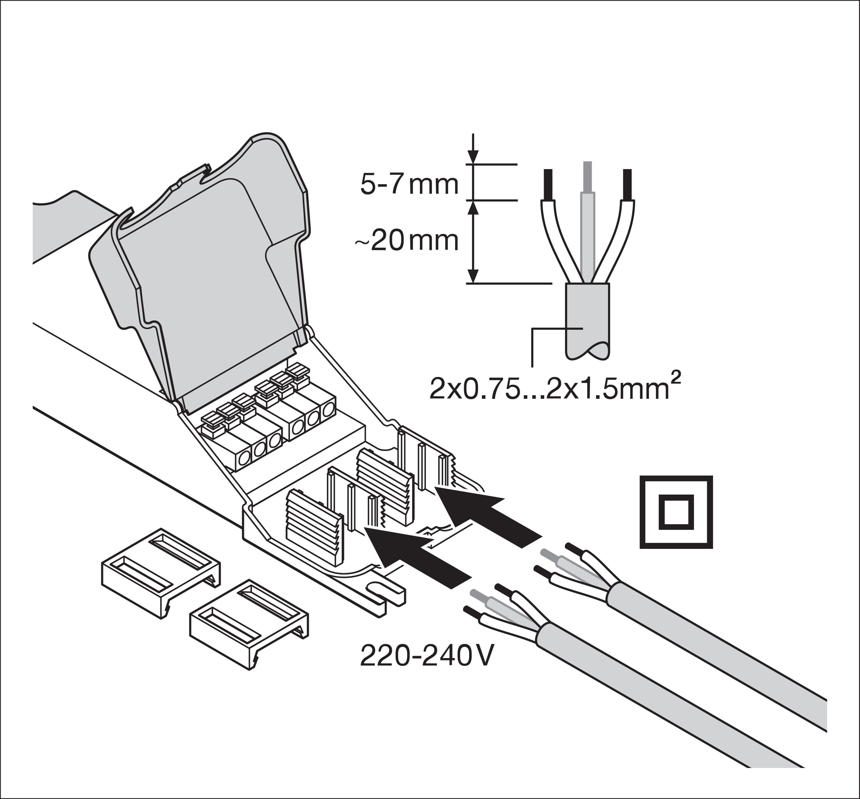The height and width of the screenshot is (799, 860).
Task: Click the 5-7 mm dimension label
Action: tap(408, 185)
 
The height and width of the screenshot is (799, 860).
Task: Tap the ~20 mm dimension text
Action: tap(406, 241)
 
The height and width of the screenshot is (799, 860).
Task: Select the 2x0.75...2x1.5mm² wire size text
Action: tap(551, 389)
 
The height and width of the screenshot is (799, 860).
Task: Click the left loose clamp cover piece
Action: tap(160, 573)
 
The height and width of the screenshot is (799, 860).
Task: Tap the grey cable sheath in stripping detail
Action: tap(587, 320)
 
